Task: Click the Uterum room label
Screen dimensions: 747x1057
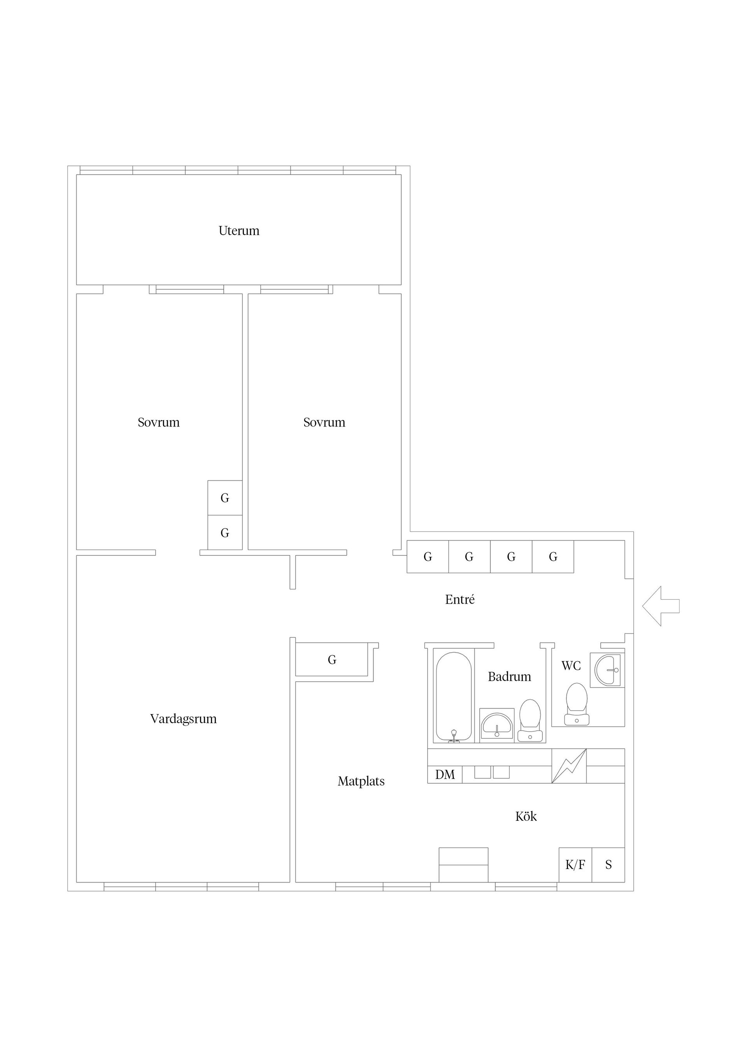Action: pos(239,231)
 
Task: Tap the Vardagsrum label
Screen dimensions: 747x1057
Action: pos(183,719)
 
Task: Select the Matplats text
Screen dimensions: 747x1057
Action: pos(361,781)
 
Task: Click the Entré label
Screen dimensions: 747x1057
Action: pos(460,599)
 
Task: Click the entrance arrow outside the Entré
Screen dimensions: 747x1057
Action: pos(661,606)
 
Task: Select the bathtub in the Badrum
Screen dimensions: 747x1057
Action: pos(454,697)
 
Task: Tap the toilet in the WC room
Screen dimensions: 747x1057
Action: pos(577,704)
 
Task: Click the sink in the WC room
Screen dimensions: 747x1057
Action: pos(608,670)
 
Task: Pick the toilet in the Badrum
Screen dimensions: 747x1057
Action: pos(530,720)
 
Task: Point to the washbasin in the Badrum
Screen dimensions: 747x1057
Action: pos(496,725)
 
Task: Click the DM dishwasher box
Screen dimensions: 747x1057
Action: pos(445,774)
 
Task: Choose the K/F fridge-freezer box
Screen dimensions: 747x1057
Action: pos(575,865)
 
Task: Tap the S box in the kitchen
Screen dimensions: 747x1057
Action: pos(608,865)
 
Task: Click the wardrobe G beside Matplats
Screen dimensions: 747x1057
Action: pos(332,660)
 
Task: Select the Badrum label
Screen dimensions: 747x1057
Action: pos(510,677)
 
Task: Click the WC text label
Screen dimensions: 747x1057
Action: pos(571,666)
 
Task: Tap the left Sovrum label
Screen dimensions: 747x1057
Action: pos(159,423)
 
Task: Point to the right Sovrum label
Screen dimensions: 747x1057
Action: pos(324,423)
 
